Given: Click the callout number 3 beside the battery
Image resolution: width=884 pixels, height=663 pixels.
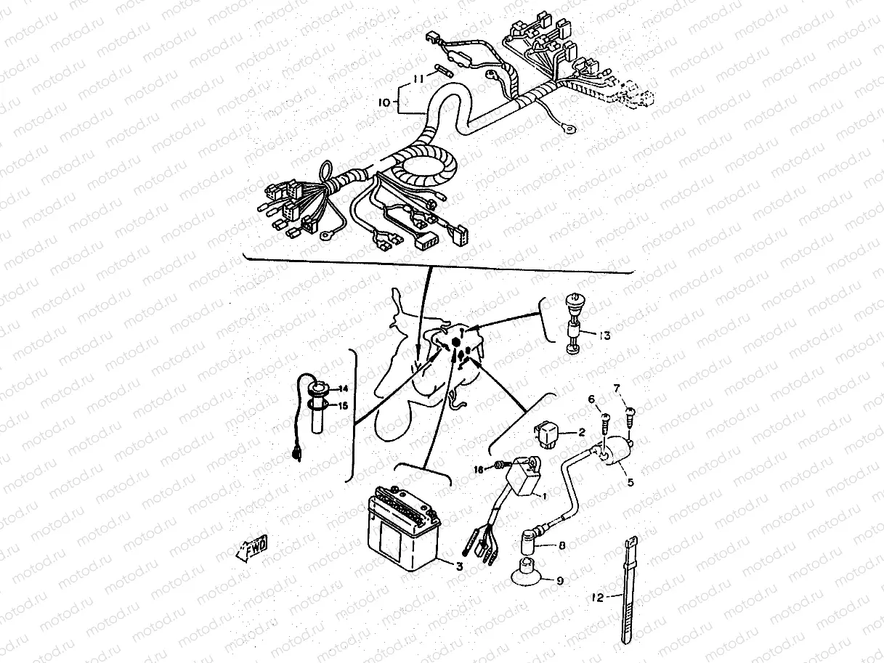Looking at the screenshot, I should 458,566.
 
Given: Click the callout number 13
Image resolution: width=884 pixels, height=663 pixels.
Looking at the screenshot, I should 604,335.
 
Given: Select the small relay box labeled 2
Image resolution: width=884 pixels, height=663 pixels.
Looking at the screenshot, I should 548,431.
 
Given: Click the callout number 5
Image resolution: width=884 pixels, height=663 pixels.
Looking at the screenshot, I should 630,481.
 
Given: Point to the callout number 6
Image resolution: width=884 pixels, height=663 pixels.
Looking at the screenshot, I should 591,399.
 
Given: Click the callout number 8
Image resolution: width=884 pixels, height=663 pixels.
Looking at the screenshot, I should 561,545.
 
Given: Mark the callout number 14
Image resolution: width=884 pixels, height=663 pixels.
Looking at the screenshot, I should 344,389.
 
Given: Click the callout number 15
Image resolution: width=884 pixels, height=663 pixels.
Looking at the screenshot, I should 344,405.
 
